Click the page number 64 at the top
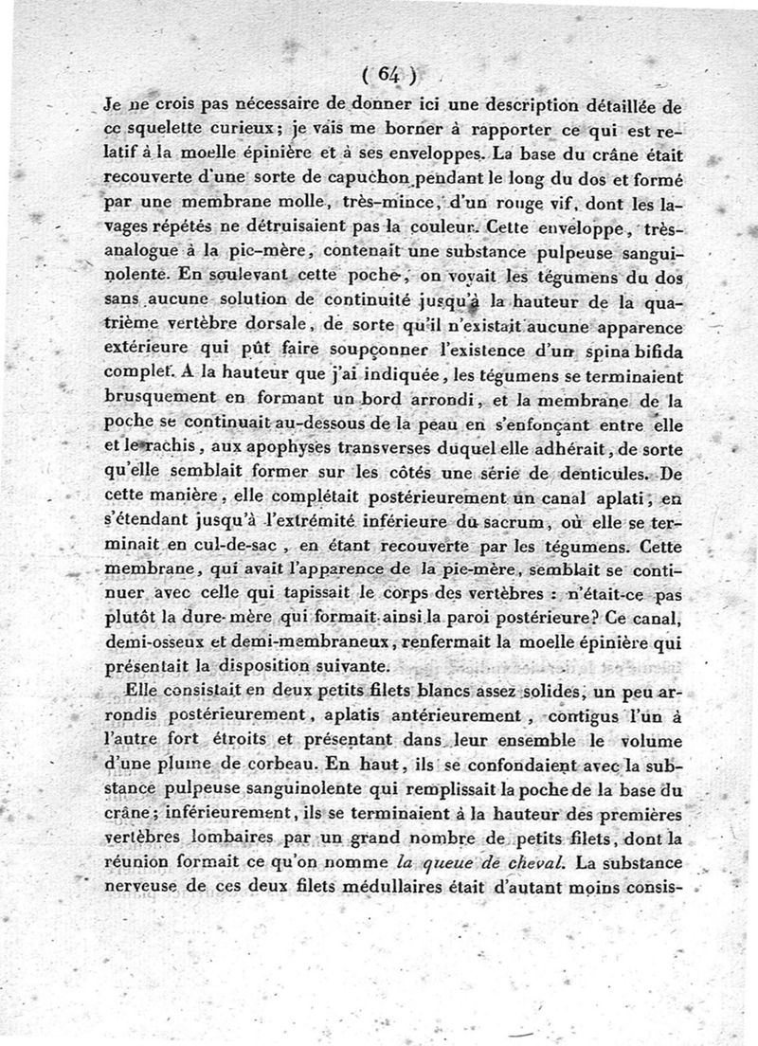[388, 72]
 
